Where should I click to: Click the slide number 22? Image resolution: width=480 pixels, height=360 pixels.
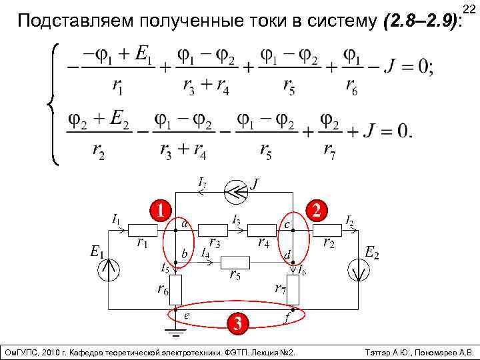pos(468,7)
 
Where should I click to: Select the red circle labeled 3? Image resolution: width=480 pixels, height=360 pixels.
pos(235,324)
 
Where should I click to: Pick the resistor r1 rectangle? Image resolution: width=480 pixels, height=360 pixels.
pos(143,231)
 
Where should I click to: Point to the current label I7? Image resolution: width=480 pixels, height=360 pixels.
pos(201,180)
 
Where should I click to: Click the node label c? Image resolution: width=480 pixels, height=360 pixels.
pos(287,225)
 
